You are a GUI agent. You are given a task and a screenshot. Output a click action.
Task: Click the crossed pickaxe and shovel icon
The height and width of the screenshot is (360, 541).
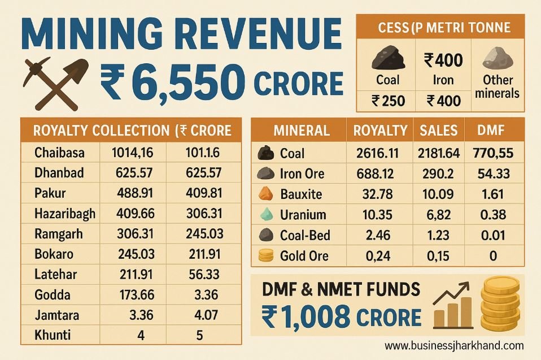point(55,83)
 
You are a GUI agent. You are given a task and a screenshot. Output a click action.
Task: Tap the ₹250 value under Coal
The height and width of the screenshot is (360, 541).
point(388,101)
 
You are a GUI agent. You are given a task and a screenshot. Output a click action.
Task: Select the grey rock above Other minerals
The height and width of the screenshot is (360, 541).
point(498,58)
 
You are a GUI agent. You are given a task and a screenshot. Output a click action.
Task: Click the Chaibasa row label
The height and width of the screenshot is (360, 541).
point(59,153)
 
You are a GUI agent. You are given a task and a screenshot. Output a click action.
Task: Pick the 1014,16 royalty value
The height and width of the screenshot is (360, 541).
point(133,153)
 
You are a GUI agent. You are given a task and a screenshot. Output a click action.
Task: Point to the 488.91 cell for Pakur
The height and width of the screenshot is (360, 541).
point(135,193)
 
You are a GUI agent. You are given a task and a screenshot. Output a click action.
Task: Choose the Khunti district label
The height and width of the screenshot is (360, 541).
point(53,335)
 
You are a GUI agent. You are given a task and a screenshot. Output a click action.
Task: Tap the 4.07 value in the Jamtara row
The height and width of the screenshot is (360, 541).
point(206,315)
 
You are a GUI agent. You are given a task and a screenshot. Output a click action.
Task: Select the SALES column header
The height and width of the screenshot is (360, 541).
point(439,131)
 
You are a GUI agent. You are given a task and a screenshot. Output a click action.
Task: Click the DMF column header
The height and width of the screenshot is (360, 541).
point(491,130)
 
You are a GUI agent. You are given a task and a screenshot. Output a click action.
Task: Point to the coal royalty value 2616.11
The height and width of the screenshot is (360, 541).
point(377,153)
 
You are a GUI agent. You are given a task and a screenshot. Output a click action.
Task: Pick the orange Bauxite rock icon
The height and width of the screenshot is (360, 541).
point(265,194)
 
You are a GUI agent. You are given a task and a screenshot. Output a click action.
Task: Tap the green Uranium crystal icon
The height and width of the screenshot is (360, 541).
point(266,214)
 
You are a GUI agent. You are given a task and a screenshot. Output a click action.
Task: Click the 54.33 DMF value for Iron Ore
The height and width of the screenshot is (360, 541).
point(494,174)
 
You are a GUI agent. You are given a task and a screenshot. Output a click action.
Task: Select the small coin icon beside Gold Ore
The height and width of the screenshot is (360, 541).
point(265,256)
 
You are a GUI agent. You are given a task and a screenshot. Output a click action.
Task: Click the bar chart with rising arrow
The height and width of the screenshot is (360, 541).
point(453,306)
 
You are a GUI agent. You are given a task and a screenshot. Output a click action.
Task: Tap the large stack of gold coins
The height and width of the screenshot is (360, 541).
point(500,303)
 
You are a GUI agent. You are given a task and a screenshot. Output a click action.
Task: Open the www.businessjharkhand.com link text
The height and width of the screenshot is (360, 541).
point(454,345)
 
